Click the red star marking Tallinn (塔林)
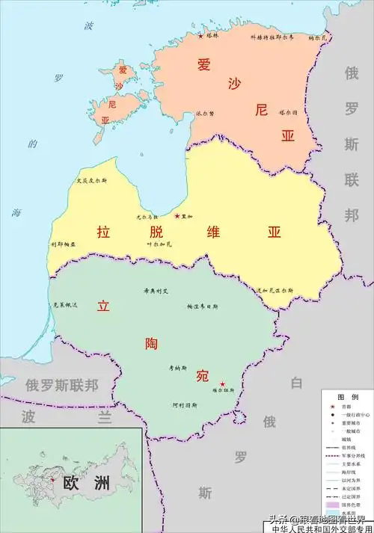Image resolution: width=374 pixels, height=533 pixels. pos(200,35)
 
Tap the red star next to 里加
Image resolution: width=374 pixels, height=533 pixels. pos(177,216)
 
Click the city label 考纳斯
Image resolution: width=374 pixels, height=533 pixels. pos(177,368)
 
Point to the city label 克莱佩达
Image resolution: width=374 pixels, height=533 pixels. pos(66,305)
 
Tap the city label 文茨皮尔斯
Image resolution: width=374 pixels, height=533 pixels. pos(92,181)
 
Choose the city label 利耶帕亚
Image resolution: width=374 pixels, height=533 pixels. pos(64,244)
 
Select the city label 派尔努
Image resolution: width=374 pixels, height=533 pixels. pos(205,114)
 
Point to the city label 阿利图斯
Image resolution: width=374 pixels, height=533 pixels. pos(184,405)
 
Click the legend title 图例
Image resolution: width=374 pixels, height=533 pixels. pos(346,396)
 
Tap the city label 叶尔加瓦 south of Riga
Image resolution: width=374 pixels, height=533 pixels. pos(159,244)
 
